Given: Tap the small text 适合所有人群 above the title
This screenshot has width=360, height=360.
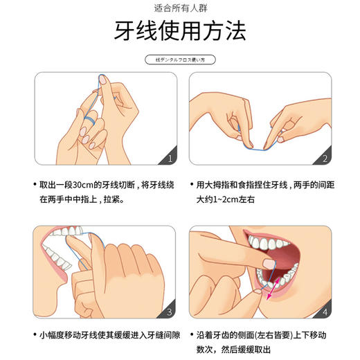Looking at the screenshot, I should point(179,8).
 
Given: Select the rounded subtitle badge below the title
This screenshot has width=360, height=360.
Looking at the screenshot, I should point(179,60).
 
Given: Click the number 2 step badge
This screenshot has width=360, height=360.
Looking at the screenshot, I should point(325,159).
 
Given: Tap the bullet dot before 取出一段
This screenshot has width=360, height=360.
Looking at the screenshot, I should point(35,185).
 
